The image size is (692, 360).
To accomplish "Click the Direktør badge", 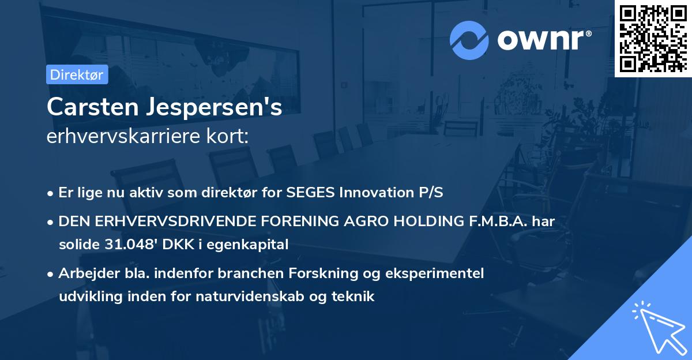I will pos(77,74).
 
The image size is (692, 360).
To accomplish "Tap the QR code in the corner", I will pos(653,38).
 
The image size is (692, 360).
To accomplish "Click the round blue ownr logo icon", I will pos(469,40).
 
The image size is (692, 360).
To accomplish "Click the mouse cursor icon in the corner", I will pos(657,325).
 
